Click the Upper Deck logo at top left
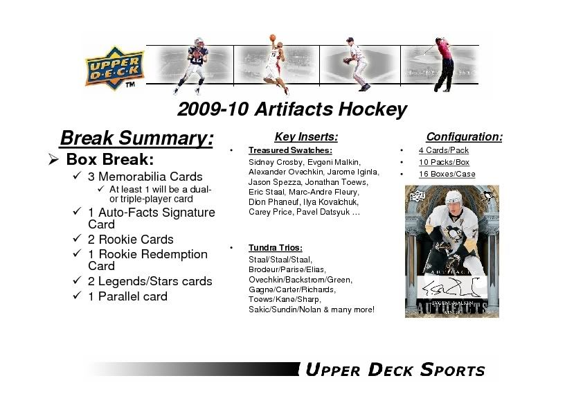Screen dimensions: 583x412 tap(114, 69)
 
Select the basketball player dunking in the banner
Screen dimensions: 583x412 tap(276, 64)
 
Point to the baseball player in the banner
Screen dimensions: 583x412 tap(356, 64)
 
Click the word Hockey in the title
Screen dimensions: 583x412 tap(373, 109)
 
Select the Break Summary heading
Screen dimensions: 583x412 tap(136, 138)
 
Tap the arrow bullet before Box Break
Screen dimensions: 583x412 tap(53, 160)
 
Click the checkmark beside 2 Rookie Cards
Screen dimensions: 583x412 tap(77, 238)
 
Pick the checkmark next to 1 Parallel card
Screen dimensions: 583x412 tap(77, 295)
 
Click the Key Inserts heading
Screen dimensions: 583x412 tap(306, 137)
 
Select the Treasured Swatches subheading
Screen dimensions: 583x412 tap(290, 150)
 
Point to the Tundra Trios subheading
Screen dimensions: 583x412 tap(276, 248)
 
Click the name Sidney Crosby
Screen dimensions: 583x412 tap(276, 162)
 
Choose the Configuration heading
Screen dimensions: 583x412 tap(465, 137)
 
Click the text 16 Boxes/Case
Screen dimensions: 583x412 tap(447, 174)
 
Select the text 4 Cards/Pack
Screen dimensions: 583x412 tap(444, 150)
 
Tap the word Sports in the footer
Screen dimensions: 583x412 tap(453, 370)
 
